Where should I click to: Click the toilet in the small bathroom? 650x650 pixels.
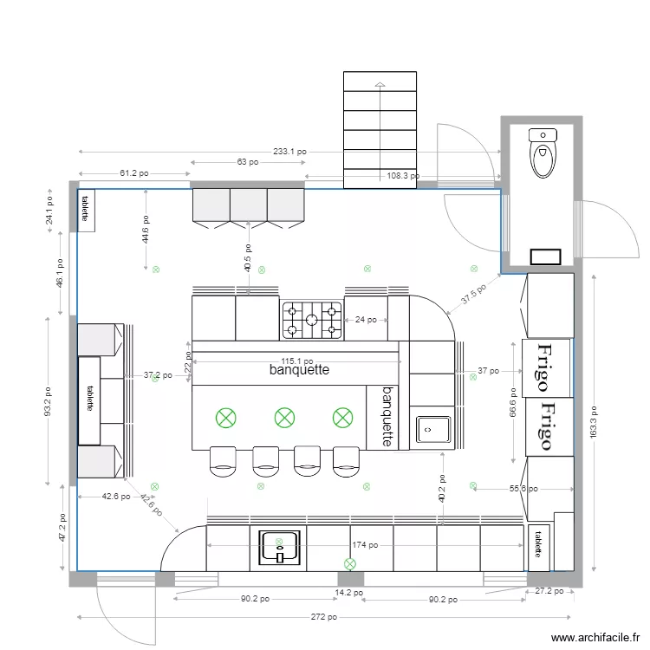point(542,153)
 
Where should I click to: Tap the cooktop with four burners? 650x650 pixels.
point(312,320)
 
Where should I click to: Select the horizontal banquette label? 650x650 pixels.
point(299,370)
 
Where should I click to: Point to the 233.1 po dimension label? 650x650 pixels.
point(289,151)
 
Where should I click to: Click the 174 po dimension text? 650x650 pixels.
point(365,545)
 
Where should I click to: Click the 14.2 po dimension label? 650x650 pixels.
point(350,594)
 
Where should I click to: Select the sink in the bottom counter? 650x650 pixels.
point(280,548)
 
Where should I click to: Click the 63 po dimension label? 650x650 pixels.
point(247,162)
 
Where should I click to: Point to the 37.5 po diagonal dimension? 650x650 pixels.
point(473,295)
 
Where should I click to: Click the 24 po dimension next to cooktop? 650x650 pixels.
point(365,320)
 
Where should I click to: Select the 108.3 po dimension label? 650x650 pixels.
point(403,175)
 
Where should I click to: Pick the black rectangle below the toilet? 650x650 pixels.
point(545,256)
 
